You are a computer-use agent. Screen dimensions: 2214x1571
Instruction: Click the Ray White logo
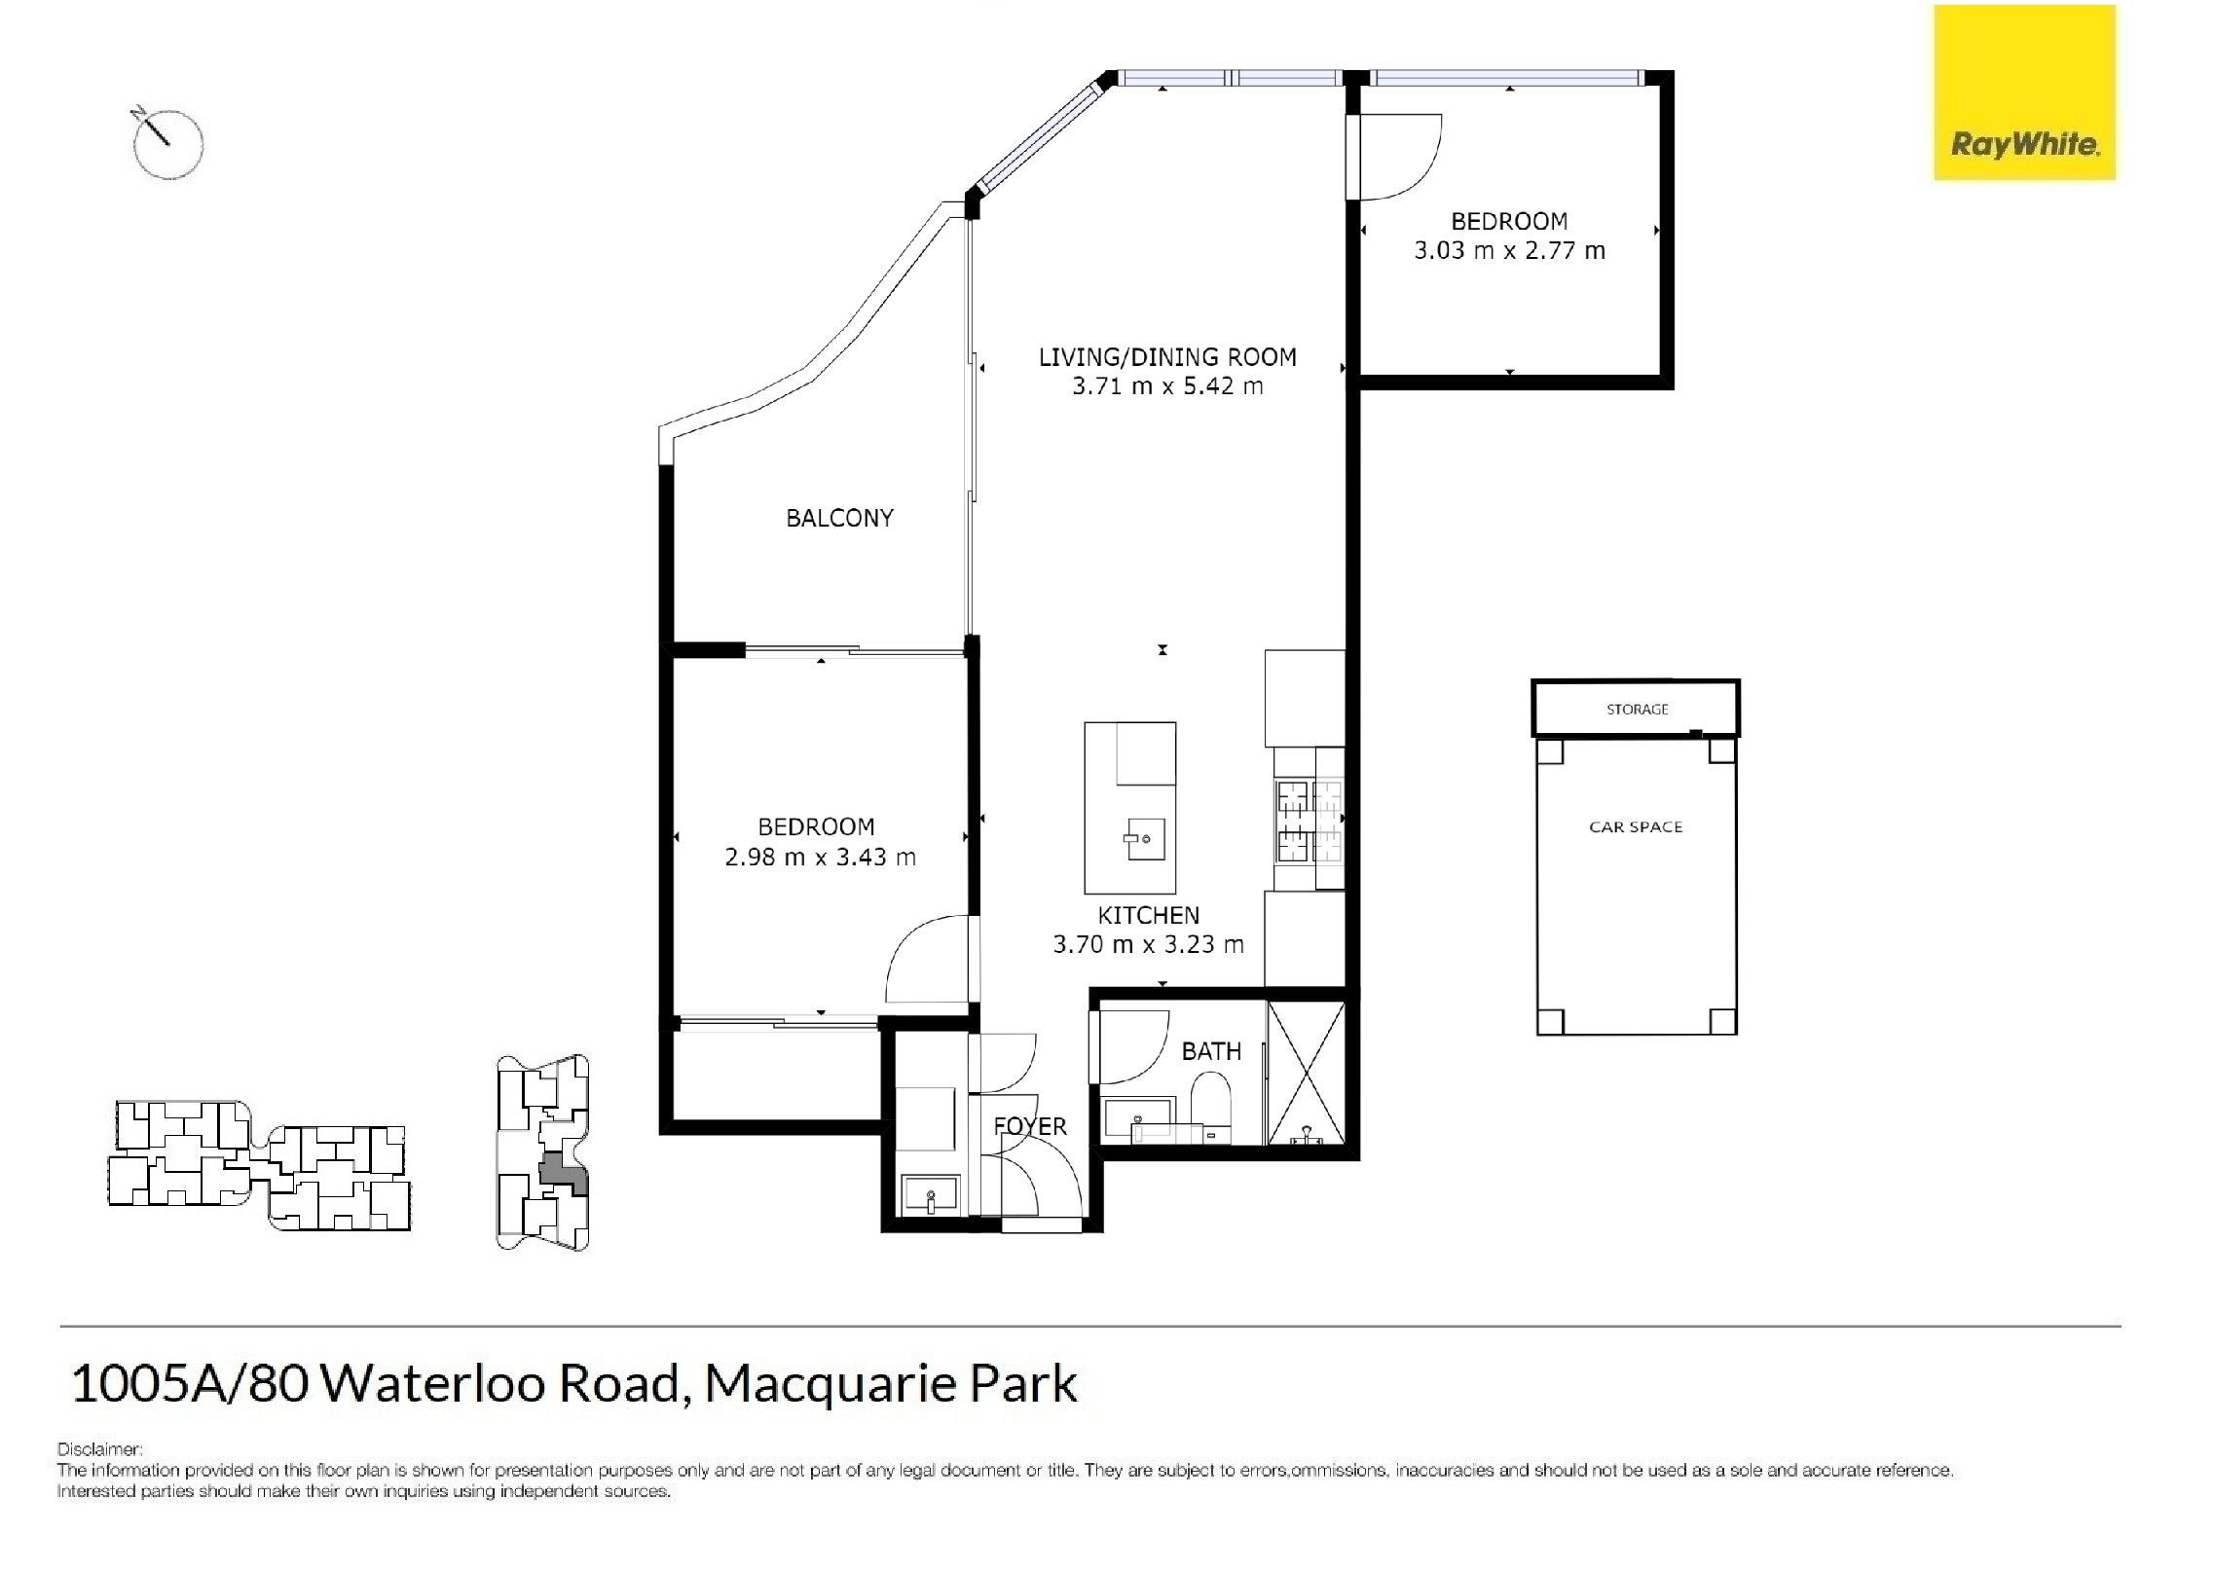click(x=2024, y=92)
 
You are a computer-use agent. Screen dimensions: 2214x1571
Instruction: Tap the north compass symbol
click(x=166, y=143)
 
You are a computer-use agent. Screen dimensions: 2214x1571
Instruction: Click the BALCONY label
click(x=839, y=518)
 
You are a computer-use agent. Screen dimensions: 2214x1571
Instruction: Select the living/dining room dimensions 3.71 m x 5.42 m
click(x=1167, y=386)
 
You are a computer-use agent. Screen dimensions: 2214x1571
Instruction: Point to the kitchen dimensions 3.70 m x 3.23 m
click(x=1148, y=944)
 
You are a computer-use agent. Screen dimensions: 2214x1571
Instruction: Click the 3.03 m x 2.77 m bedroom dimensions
click(x=1509, y=250)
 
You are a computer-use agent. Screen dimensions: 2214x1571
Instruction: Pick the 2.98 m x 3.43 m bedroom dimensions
click(x=820, y=857)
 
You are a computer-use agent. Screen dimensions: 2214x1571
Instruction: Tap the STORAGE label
click(x=1637, y=710)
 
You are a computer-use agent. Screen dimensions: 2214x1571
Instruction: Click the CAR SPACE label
click(x=1636, y=827)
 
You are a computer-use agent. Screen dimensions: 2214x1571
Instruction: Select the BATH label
click(x=1211, y=1051)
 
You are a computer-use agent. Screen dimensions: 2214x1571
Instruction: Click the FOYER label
click(x=1029, y=1126)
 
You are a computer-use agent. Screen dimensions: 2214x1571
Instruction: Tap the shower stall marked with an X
click(x=1306, y=1073)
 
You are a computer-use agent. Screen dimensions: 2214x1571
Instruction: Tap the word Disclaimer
click(x=99, y=1449)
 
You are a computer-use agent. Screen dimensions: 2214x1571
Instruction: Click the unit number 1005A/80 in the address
click(x=191, y=1383)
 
